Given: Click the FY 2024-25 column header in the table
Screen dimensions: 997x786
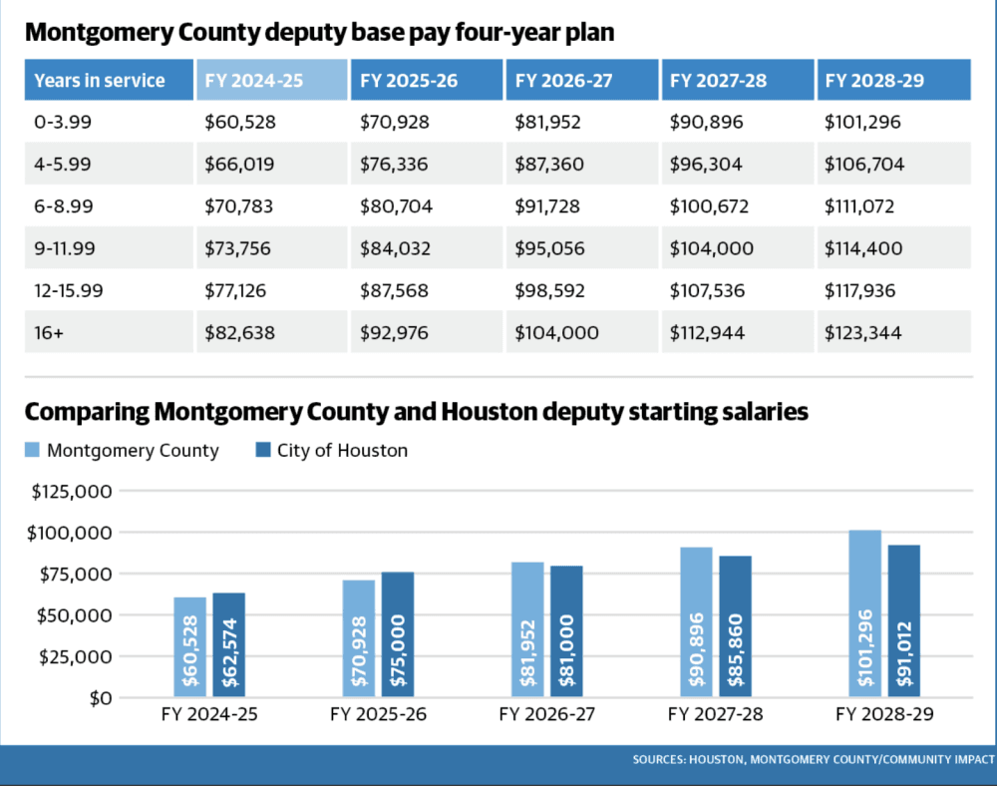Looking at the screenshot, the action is pos(271,80).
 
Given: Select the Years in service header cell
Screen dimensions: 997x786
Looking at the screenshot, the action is pos(109,80).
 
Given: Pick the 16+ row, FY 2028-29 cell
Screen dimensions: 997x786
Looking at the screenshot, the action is pos(893,332).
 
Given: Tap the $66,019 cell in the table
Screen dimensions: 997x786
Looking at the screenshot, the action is pos(271,164).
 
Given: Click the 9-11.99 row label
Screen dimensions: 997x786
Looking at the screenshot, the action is pos(109,248).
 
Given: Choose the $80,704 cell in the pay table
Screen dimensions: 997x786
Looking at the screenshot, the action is pos(427,206).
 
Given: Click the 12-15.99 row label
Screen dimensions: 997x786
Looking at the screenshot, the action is pos(109,290).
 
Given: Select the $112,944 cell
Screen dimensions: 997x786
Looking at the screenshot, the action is pos(738,332).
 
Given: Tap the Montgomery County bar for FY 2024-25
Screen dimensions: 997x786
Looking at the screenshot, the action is pos(190,647).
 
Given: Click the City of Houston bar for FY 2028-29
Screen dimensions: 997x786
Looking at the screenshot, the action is pos(903,621).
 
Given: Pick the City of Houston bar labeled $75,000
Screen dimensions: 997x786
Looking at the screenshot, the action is pos(398,634).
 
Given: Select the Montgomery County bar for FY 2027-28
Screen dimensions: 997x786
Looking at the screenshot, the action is pos(696,622).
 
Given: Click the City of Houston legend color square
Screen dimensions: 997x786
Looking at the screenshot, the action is pos(263,450).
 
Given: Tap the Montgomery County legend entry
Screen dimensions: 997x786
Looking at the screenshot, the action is pos(122,450).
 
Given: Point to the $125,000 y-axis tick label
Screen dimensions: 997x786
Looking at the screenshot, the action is pos(72,492).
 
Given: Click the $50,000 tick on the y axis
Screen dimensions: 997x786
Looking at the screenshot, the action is pos(74,615).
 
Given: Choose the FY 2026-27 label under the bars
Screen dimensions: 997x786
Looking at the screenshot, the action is pos(546,714).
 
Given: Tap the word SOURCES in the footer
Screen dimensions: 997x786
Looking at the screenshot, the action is pos(658,759).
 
